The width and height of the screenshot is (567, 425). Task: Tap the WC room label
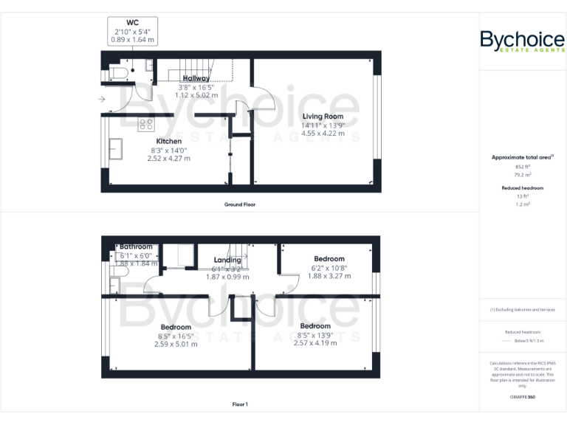[x=132, y=23]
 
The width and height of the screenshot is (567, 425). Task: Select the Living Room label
[x=323, y=116]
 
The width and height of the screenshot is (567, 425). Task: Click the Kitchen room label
[x=168, y=141]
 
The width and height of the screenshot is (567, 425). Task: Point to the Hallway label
[x=196, y=78]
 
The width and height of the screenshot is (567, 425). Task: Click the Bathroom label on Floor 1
[x=136, y=246]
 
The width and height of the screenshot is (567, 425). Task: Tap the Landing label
[x=227, y=260]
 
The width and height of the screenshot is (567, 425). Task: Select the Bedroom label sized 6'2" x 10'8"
[x=329, y=259]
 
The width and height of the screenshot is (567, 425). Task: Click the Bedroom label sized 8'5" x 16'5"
[x=176, y=327]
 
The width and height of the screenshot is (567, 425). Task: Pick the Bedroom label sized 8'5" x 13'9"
[x=315, y=326]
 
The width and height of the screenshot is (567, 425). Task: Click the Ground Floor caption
[x=240, y=204]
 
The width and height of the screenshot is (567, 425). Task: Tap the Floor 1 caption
[x=240, y=404]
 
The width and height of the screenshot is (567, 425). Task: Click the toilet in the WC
[x=120, y=72]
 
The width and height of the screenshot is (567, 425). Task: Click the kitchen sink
[x=117, y=148]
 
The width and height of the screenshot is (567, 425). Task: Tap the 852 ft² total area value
[x=522, y=167]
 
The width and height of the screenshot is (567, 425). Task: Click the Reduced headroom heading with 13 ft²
[x=522, y=188]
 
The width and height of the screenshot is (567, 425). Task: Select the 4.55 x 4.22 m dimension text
[x=323, y=133]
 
